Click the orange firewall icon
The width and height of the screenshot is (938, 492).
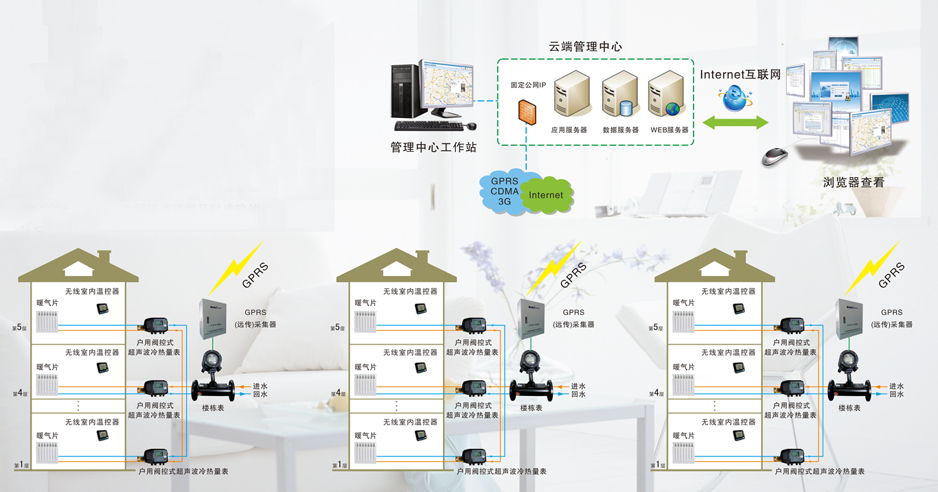click(x=526, y=111)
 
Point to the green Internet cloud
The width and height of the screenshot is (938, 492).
click(x=546, y=195)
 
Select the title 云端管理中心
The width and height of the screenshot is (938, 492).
click(x=585, y=47)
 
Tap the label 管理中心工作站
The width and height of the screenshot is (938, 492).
click(x=433, y=148)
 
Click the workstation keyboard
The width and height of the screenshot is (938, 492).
click(x=429, y=126)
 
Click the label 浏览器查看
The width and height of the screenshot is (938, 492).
click(x=854, y=183)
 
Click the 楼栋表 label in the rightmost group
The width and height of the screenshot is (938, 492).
click(x=849, y=408)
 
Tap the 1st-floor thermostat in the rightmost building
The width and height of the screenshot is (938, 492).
click(x=739, y=435)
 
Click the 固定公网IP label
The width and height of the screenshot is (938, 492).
click(x=528, y=86)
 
